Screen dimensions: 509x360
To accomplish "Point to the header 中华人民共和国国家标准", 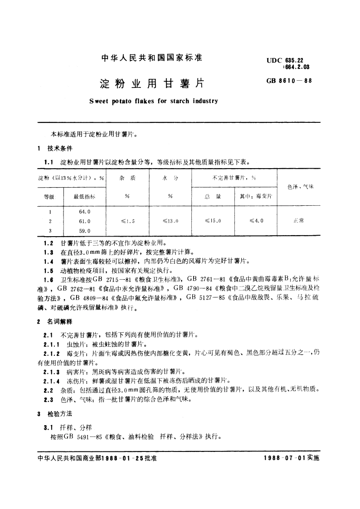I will coord(152,58).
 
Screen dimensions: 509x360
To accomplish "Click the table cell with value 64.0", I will coord(85,212).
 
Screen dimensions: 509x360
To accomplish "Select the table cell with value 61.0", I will coord(85,221).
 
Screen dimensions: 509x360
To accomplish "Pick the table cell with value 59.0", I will coord(85,231).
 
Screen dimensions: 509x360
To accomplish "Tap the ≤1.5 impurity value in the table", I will coord(128,221).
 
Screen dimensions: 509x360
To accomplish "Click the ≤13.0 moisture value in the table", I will coord(170,221).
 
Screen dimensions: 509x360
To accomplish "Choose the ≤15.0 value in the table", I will coord(213,221).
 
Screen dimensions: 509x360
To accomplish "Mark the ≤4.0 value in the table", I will coord(256,221).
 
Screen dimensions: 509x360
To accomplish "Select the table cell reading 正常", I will coord(298,221).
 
